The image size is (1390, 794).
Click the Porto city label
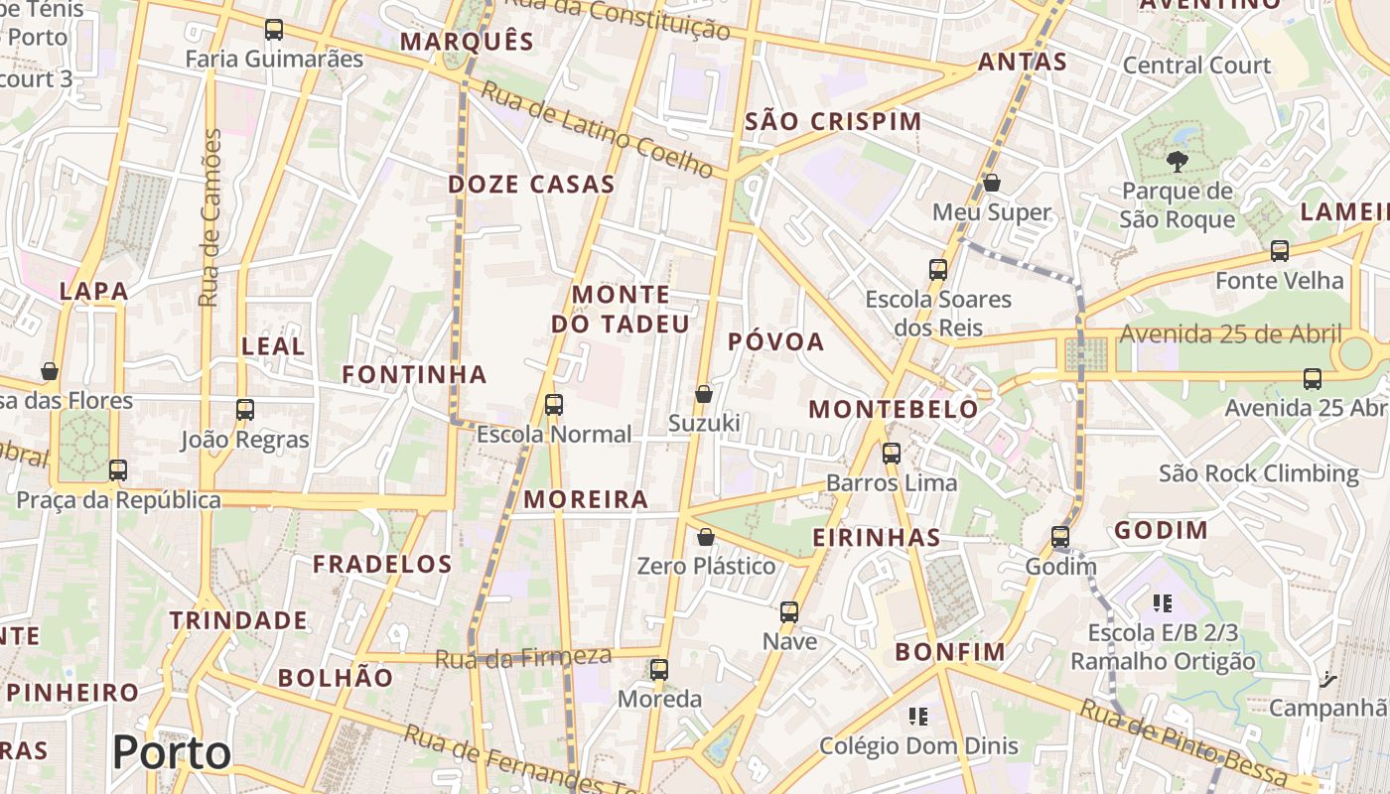pos(172,752)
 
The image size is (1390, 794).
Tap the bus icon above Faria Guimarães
pos(274,30)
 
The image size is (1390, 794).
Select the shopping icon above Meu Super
pos(991,184)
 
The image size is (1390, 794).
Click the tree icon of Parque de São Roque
pos(1178,162)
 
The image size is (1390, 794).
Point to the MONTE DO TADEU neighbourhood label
pos(621,310)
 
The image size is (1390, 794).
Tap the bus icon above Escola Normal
pos(554,405)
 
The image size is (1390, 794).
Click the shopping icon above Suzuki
pos(704,394)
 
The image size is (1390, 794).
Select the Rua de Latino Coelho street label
pos(597,131)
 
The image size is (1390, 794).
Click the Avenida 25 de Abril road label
pos(1230,334)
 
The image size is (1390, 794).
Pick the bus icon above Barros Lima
pos(892,454)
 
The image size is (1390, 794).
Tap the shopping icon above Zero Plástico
pos(706,537)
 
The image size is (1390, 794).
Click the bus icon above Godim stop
pos(1060,537)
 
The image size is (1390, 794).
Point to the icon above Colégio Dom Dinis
pos(918,716)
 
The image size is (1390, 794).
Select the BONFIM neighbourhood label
pos(950,652)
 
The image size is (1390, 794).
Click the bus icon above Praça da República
pos(118,470)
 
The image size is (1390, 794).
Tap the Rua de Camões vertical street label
pos(208,218)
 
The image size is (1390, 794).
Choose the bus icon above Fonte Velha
pos(1280,251)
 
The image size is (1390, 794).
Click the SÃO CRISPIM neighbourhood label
pos(833,122)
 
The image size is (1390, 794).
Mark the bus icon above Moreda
pos(659,670)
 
